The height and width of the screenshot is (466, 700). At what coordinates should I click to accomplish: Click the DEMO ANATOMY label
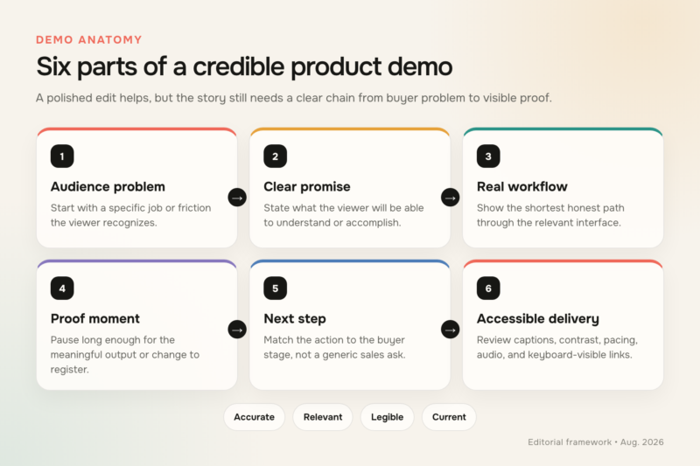coord(89,39)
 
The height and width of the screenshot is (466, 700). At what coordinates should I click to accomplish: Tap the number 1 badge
coord(62,156)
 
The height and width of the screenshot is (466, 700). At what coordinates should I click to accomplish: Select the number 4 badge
coord(62,288)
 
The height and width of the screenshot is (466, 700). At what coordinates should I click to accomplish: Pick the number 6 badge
coord(488,288)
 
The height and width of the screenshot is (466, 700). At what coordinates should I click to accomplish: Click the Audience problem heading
coord(108,186)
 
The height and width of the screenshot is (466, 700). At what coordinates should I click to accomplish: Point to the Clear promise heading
coord(307,186)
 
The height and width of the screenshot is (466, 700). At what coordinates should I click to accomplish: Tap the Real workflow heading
coord(521,186)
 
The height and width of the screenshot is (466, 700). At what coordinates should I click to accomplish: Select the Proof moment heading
coord(95,318)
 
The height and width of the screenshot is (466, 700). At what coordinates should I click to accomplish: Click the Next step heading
coord(295,318)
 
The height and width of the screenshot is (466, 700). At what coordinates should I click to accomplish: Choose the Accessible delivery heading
coord(537,318)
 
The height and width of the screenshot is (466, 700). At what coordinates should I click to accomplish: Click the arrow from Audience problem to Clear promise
coord(237,198)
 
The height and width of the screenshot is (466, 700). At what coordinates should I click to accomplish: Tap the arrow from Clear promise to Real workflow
coord(450,198)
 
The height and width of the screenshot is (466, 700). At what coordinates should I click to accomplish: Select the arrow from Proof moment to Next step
coord(237,330)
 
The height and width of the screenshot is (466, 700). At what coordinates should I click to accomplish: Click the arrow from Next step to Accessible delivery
coord(450,330)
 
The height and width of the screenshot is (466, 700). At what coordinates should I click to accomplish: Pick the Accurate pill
coord(254,417)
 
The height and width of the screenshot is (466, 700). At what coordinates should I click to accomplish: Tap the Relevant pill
coord(323,417)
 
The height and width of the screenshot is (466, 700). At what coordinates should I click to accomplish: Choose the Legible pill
coord(387,417)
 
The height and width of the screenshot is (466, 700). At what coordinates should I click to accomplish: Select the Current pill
coord(449,417)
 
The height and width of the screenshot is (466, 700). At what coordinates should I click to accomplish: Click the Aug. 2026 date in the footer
coord(642,442)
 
